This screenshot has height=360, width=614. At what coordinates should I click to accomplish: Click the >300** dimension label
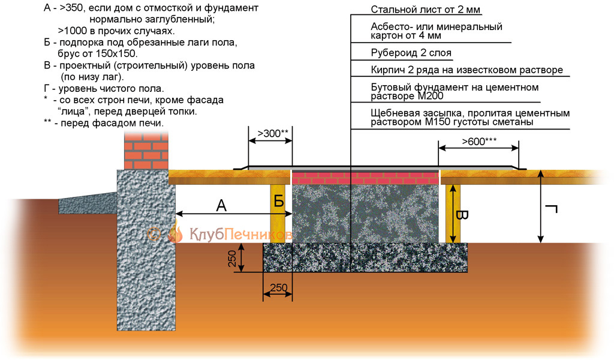click(272, 133)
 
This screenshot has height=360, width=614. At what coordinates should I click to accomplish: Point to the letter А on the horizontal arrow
click(222, 205)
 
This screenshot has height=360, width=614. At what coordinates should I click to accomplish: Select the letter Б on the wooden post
click(279, 202)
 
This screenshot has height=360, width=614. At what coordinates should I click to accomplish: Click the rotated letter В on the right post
click(460, 215)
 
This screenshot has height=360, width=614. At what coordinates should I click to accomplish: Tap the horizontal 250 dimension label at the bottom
click(278, 288)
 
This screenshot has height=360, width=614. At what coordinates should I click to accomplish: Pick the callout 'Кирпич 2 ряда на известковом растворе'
click(466, 70)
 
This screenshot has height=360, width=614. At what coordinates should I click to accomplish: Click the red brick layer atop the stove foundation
click(366, 178)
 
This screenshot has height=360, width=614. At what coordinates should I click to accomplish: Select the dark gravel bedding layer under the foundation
click(366, 258)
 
